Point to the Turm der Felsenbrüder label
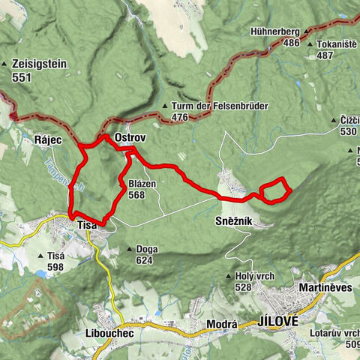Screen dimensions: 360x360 (x=208, y=106)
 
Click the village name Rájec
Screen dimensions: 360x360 (x=46, y=139)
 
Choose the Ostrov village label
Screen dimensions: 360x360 (x=129, y=139)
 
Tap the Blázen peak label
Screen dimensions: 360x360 (x=142, y=184)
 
